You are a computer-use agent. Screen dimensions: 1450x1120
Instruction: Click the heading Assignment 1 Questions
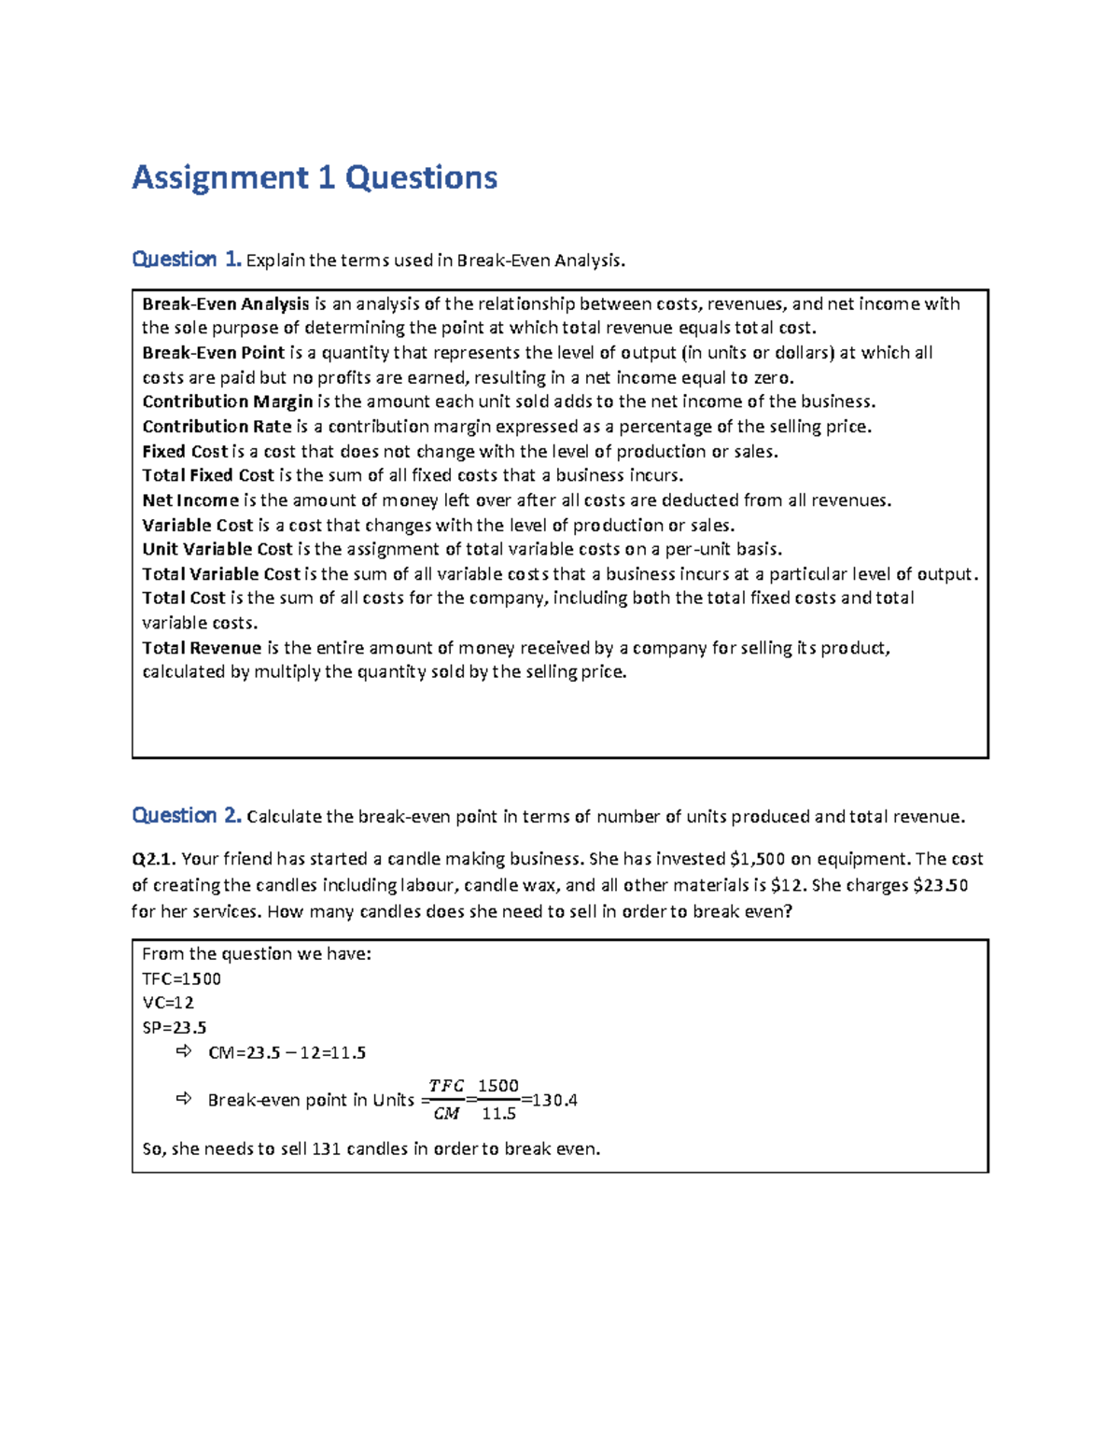point(315,177)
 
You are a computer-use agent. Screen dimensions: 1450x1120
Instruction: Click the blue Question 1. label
point(187,259)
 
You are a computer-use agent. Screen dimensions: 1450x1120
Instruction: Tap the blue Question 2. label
point(187,815)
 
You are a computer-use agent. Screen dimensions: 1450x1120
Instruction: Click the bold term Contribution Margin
point(227,401)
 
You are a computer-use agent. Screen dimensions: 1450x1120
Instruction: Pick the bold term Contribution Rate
point(217,427)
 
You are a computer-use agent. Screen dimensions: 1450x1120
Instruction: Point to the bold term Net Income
point(190,500)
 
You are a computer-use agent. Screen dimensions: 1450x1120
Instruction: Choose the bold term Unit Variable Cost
point(217,549)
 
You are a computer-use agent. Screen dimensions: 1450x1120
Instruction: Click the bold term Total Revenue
point(202,648)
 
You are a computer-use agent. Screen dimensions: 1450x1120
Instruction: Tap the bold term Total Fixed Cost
point(208,475)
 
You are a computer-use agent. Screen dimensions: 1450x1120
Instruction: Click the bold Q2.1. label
point(154,859)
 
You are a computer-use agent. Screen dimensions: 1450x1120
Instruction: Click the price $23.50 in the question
point(940,885)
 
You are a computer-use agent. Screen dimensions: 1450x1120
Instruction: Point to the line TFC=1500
point(181,978)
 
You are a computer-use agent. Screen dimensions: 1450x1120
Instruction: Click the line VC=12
point(168,1003)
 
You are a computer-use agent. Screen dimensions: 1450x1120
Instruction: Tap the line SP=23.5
point(174,1027)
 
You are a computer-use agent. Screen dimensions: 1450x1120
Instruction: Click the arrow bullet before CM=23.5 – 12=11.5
point(184,1051)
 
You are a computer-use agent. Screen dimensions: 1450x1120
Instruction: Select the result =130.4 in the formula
point(550,1100)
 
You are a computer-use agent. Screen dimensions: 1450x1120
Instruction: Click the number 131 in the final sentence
point(326,1149)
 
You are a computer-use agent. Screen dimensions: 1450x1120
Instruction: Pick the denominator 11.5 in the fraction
point(498,1114)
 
